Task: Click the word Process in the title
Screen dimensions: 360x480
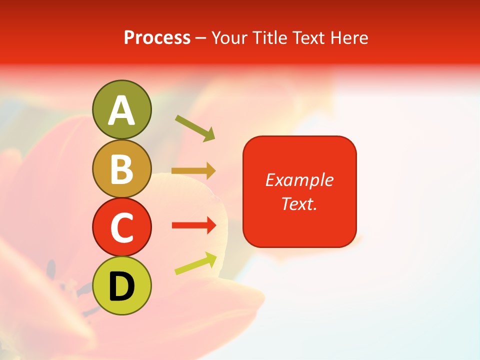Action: [x=157, y=38]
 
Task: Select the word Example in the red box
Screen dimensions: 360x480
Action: [x=299, y=180]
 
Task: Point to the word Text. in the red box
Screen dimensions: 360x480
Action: [x=299, y=204]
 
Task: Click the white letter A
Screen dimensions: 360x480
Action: [x=121, y=110]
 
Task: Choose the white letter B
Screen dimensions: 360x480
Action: [x=121, y=169]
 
